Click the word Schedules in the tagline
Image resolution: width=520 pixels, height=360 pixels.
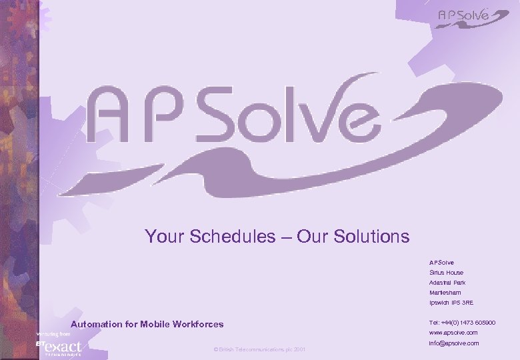232,236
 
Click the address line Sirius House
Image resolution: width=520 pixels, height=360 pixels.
446,273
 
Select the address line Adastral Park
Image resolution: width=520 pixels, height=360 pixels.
447,283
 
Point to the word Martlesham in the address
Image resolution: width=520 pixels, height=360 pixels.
445,293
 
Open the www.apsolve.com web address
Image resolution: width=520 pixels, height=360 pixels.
453,332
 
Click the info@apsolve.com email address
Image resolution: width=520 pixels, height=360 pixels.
454,343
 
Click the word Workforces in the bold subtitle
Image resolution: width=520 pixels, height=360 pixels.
199,325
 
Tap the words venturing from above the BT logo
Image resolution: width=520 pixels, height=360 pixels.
53,333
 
